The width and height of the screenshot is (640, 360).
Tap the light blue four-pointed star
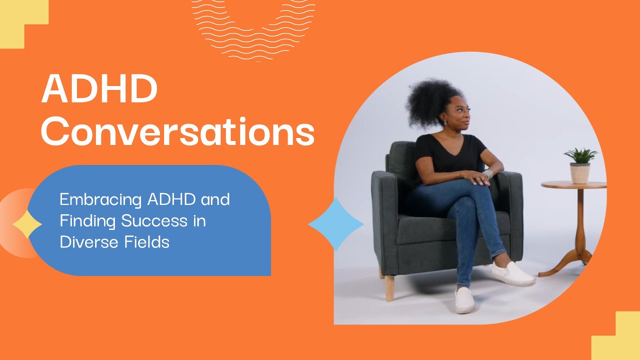point(336,224)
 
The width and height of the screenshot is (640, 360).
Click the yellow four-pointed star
point(27,224)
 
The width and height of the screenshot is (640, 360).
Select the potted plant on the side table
point(580,165)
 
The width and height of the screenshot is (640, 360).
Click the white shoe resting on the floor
point(464,300)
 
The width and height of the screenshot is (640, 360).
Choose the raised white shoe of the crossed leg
point(513,274)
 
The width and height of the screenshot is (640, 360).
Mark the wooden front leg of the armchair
point(389,287)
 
